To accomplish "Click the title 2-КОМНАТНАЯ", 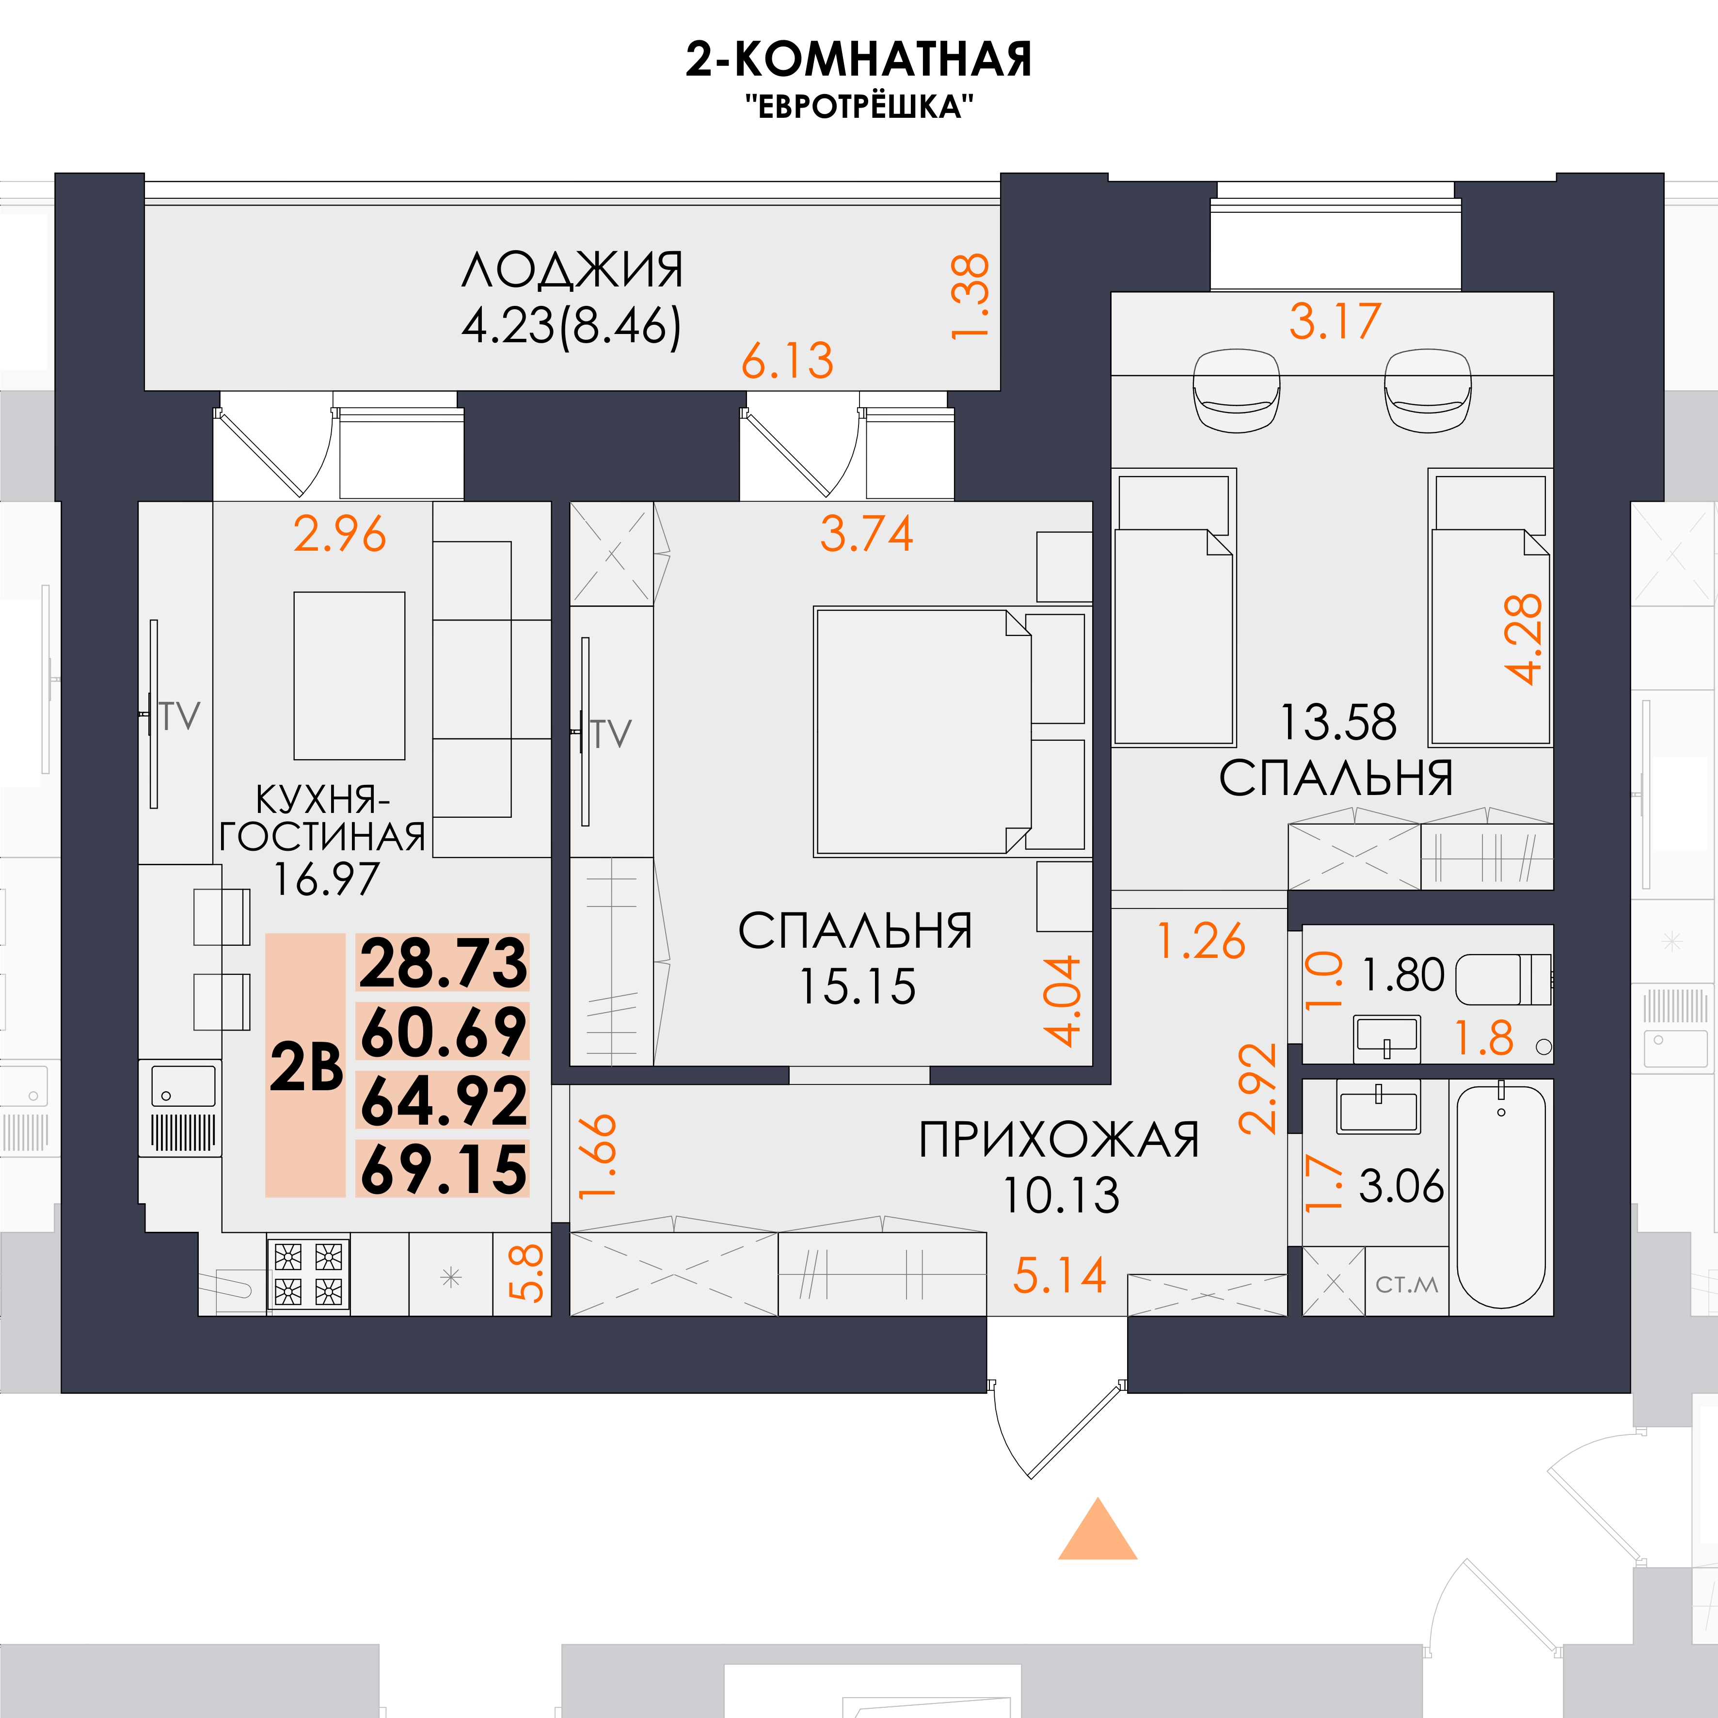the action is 858,60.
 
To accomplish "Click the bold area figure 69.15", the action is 443,1168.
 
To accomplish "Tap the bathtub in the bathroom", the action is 1501,1196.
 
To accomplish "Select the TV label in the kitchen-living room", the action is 180,716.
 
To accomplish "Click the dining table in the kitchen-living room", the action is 350,676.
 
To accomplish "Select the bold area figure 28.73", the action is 443,963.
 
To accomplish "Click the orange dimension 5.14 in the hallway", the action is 1059,1275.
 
